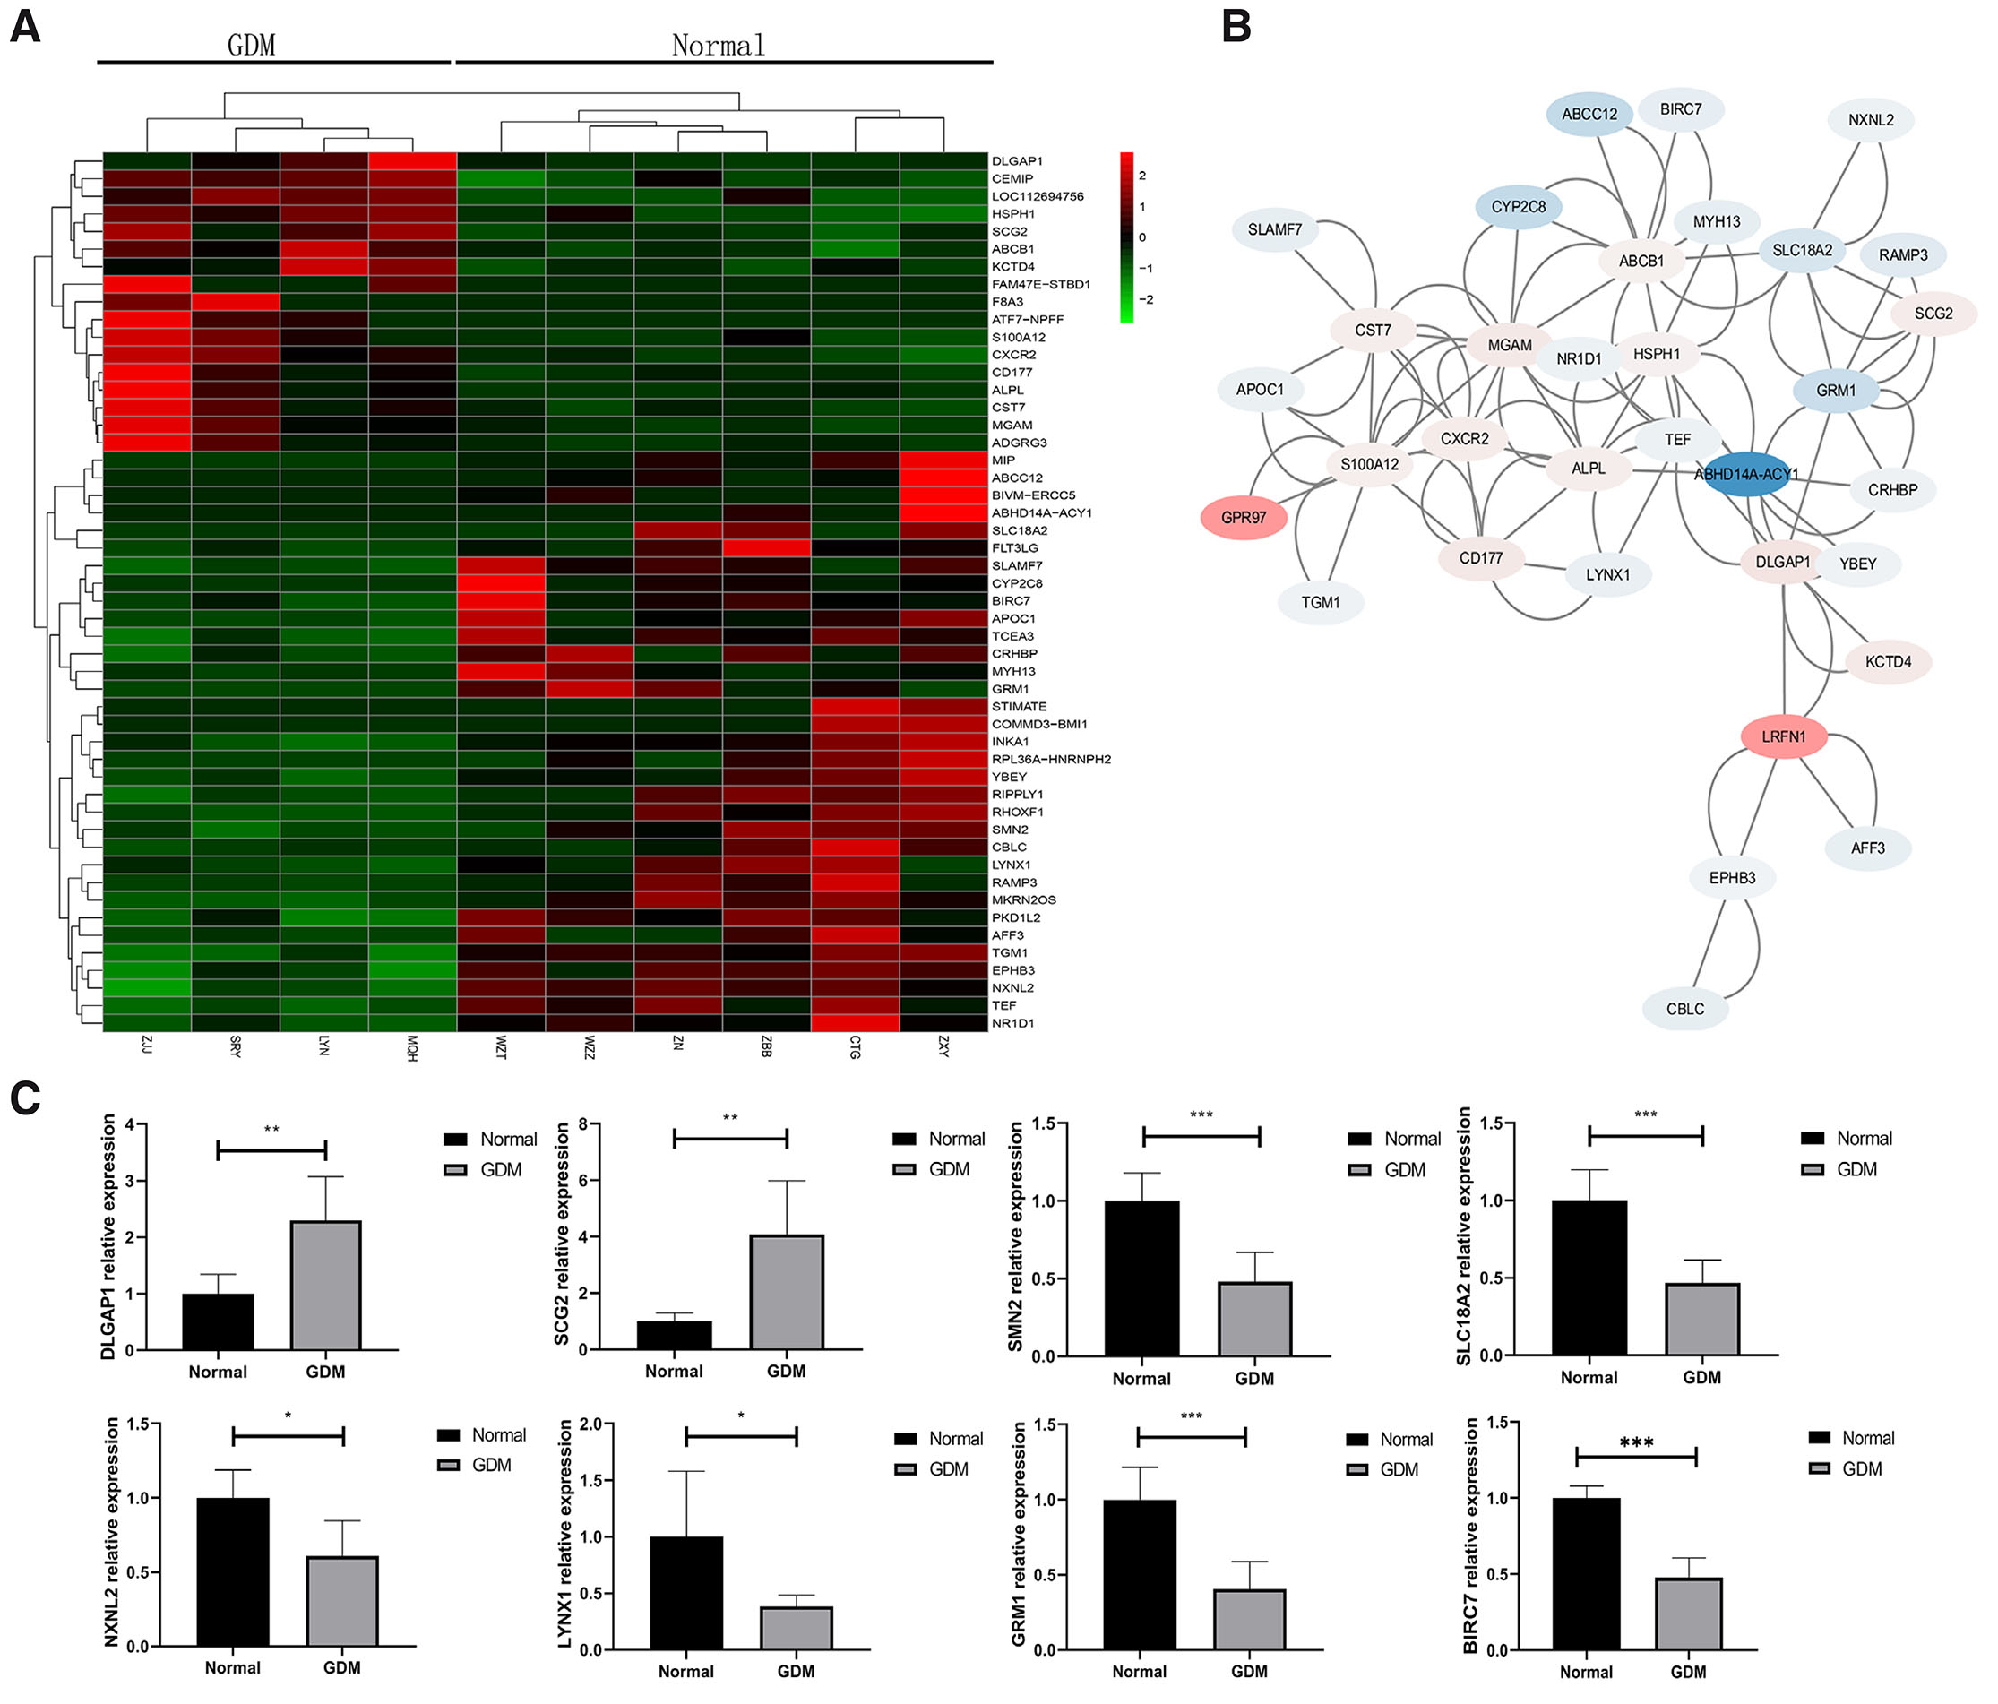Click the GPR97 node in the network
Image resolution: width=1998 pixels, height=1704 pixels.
(1243, 518)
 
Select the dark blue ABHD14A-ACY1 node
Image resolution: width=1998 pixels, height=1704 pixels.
(1745, 475)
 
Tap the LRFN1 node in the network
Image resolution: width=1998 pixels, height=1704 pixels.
(1783, 736)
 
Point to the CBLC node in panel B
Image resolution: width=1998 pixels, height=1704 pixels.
(1684, 1009)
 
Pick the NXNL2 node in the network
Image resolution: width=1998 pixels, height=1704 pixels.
(1870, 121)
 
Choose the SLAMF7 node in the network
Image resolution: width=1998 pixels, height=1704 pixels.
(1274, 229)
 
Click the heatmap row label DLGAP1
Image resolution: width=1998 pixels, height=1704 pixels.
(1016, 161)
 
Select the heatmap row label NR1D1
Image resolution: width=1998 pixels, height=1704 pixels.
(1012, 1023)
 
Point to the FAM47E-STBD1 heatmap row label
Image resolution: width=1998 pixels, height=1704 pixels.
(1040, 285)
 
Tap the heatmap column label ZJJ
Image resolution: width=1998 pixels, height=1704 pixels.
(147, 1045)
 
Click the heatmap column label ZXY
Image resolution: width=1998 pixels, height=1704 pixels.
(944, 1046)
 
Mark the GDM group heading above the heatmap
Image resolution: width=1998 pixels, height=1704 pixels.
(251, 46)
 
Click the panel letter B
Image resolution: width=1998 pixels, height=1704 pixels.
(1236, 26)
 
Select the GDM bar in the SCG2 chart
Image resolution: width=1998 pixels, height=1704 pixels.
(787, 1291)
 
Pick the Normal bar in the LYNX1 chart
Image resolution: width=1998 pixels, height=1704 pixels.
(685, 1592)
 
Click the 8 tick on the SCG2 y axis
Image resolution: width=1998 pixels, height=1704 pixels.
(582, 1124)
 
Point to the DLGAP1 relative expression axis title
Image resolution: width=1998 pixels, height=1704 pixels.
(108, 1236)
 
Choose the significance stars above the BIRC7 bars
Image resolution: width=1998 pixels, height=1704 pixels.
(1636, 1442)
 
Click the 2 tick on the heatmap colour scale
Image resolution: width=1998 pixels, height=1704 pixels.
(1141, 176)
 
